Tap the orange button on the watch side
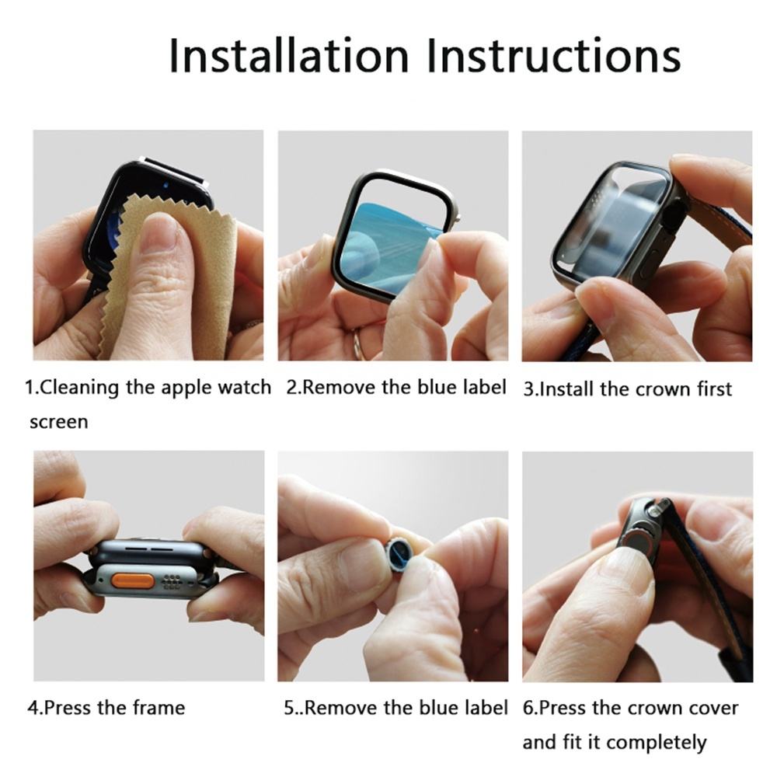tap(128, 580)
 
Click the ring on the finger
tap(358, 342)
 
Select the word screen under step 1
tap(58, 422)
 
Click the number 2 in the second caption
tap(291, 387)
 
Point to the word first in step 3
tap(713, 388)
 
